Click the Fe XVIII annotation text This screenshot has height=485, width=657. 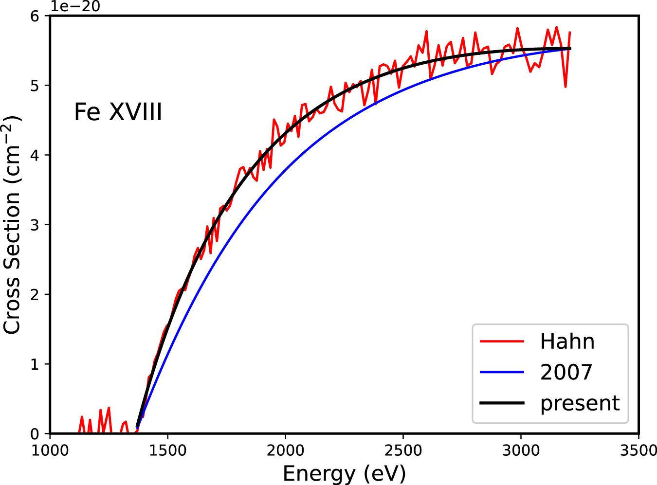pos(118,112)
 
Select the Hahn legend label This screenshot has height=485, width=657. pos(567,341)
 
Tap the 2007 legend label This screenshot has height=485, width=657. pos(566,372)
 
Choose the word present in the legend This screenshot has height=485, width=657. pos(580,403)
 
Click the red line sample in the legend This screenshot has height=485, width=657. pos(502,341)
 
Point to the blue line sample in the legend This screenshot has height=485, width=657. pos(502,372)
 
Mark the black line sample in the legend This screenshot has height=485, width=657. pos(502,403)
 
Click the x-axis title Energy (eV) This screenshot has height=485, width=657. pos(344,473)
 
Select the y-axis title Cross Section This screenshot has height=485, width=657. pos(13,225)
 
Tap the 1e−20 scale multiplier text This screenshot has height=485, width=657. pos(76,6)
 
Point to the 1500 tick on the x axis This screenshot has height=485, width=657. pos(167,450)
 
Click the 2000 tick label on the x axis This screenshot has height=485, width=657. pos(285,450)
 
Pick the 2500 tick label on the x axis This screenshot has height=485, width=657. pos(403,450)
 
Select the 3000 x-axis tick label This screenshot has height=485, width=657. pos(521,450)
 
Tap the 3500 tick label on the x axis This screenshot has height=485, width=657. pos(638,450)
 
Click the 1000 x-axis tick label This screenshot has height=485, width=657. pos(50,450)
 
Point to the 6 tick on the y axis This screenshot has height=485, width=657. pos(35,16)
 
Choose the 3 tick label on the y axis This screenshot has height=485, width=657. pos(35,225)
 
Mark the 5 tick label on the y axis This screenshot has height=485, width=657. pos(35,86)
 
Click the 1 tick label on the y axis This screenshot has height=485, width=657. pos(35,364)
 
